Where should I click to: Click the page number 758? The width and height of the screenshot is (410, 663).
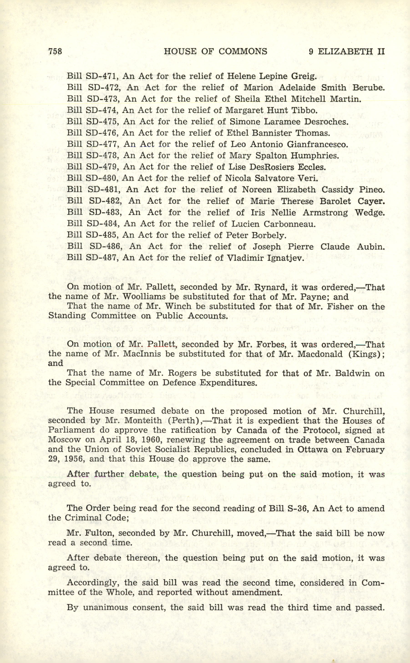(55, 51)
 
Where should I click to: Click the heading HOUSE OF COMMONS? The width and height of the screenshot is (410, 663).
(215, 51)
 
